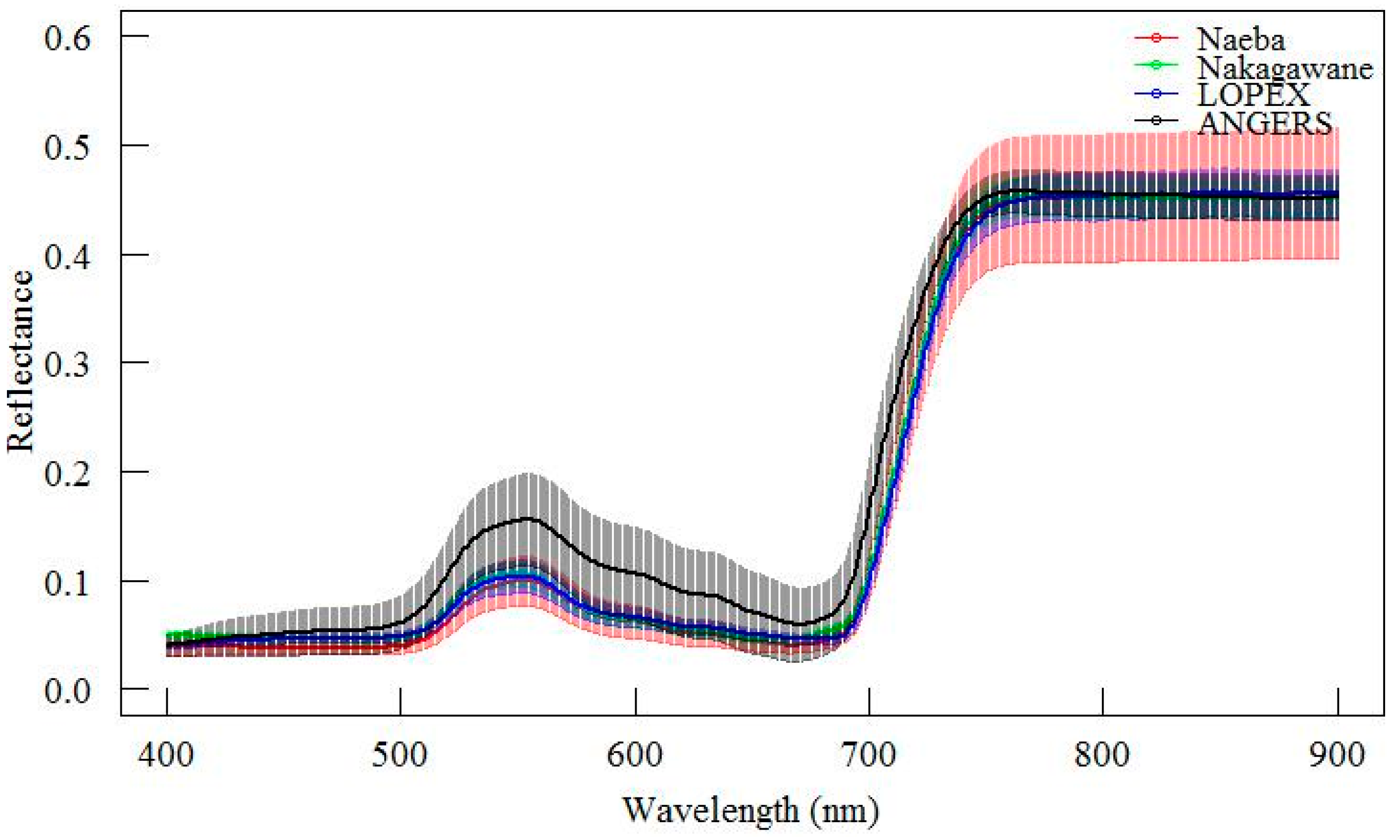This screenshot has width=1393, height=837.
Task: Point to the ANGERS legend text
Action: (1264, 122)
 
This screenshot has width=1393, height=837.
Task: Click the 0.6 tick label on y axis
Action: (68, 38)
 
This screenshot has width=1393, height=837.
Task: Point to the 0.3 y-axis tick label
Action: (68, 364)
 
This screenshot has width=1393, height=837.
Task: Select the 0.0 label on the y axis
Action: (68, 689)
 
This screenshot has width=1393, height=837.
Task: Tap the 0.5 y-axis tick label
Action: (68, 147)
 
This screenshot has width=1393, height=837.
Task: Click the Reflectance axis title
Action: (21, 361)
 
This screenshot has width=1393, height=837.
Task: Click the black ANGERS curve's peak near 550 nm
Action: (527, 518)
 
